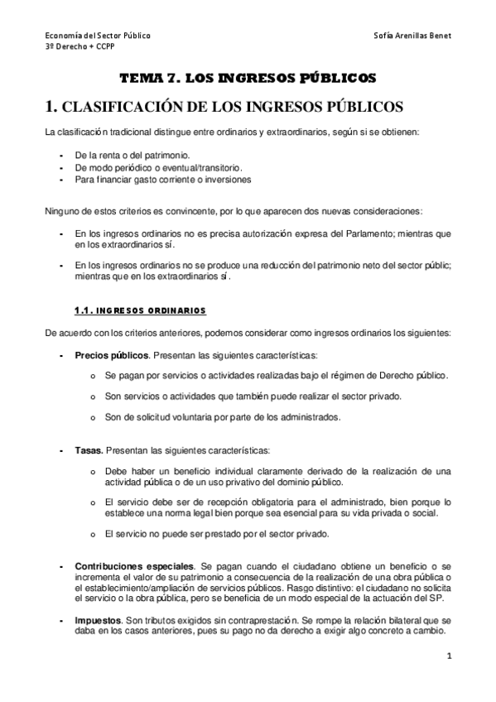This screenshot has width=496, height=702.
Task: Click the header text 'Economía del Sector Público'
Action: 97,37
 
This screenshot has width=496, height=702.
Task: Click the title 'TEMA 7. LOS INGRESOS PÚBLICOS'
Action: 248,78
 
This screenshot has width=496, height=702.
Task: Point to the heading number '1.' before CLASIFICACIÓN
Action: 51,107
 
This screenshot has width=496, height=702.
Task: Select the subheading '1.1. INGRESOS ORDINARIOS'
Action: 140,310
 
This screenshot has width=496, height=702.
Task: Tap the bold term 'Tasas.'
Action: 89,451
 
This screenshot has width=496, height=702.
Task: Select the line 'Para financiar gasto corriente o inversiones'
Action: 162,180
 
